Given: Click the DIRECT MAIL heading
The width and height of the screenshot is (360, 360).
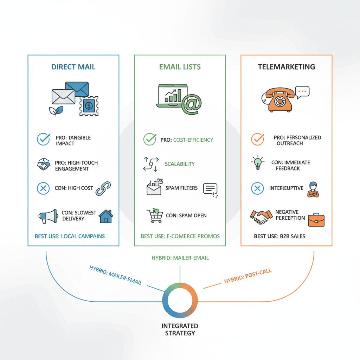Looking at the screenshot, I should [x=73, y=67].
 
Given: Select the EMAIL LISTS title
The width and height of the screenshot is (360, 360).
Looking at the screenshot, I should [x=180, y=67].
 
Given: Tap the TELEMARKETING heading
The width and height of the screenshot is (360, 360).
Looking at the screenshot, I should [x=286, y=67].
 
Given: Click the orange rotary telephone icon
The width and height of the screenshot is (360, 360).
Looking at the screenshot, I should [x=279, y=100].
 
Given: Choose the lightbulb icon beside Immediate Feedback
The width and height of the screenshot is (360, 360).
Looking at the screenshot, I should [x=258, y=162].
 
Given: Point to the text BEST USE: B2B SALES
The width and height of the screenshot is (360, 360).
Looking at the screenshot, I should [x=279, y=236].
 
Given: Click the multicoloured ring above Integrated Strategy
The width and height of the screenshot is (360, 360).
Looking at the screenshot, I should [x=180, y=301].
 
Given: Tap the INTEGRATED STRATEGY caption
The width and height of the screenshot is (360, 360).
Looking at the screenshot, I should [x=180, y=329].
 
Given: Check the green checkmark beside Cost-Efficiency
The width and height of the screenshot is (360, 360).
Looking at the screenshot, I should [x=150, y=140].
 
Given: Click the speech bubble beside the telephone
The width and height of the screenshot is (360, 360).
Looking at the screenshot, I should [x=302, y=91].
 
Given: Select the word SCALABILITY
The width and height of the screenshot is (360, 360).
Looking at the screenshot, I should [x=180, y=164].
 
